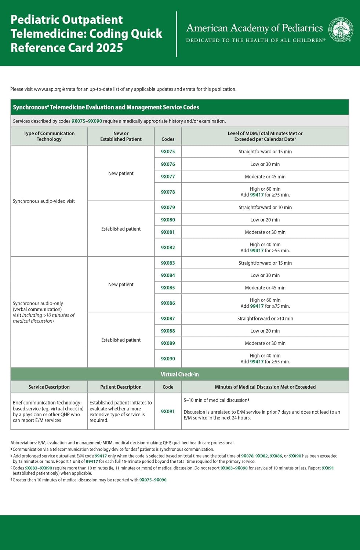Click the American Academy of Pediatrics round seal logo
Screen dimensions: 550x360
(x=341, y=29)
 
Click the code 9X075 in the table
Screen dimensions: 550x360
(x=168, y=151)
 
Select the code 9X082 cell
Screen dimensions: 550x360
(x=168, y=247)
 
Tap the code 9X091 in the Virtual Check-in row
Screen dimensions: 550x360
(x=168, y=411)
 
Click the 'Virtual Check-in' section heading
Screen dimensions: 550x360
(x=179, y=374)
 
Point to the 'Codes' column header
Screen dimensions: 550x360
(x=168, y=139)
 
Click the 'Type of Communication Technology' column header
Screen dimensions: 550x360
(x=49, y=136)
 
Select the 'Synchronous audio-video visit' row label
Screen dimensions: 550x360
(x=44, y=201)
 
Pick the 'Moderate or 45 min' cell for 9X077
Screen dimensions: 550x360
(x=265, y=176)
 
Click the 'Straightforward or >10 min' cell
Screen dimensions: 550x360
(x=265, y=318)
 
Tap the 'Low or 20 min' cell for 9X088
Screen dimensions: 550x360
(x=265, y=331)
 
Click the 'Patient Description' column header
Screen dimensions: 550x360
(x=121, y=387)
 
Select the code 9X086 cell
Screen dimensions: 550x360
(x=168, y=303)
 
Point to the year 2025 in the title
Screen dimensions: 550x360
(x=109, y=48)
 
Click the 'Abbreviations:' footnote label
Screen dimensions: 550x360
(x=23, y=443)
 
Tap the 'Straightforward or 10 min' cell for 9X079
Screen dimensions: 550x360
(x=265, y=207)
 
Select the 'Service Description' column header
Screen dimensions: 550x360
(x=49, y=387)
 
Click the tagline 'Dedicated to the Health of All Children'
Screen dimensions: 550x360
(x=255, y=40)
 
